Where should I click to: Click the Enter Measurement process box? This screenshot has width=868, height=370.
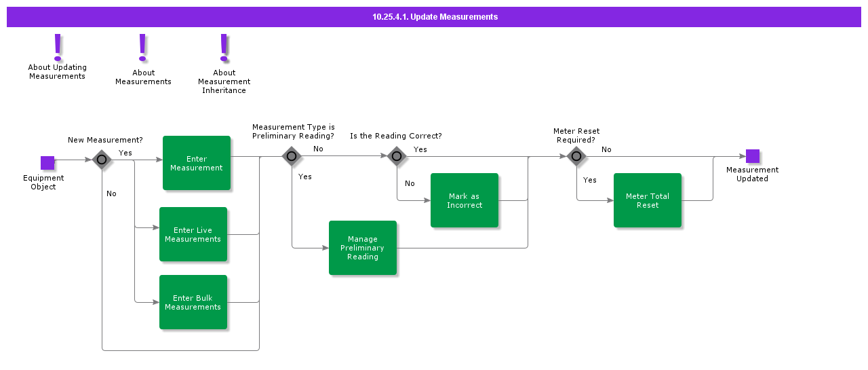(x=197, y=163)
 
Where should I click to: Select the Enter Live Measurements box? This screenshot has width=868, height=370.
(x=193, y=234)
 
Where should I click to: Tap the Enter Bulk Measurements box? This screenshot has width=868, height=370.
(x=193, y=302)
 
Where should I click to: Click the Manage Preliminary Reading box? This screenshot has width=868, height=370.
(x=363, y=248)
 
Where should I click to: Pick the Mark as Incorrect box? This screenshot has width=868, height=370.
(x=465, y=200)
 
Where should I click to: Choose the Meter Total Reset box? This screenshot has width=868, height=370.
(x=648, y=200)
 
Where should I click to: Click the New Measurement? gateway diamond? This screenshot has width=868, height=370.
(x=102, y=160)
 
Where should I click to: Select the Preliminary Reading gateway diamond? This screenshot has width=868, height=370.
(x=292, y=156)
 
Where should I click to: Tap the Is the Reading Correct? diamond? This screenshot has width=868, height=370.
(x=397, y=156)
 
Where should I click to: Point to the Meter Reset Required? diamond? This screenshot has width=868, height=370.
(x=576, y=156)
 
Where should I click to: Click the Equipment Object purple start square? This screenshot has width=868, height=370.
(x=47, y=163)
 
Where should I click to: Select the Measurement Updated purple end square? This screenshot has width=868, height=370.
(x=753, y=156)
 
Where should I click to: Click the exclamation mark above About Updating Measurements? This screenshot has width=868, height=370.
(x=58, y=47)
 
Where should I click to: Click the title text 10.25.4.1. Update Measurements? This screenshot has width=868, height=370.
(x=435, y=17)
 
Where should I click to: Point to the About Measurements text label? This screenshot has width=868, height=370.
(x=143, y=77)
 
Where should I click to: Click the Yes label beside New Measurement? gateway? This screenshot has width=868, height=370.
(x=125, y=153)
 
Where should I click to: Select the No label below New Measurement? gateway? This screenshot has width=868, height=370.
(x=111, y=193)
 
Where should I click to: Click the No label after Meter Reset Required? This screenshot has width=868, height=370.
(x=606, y=149)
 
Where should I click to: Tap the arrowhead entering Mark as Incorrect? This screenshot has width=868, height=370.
(x=427, y=200)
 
